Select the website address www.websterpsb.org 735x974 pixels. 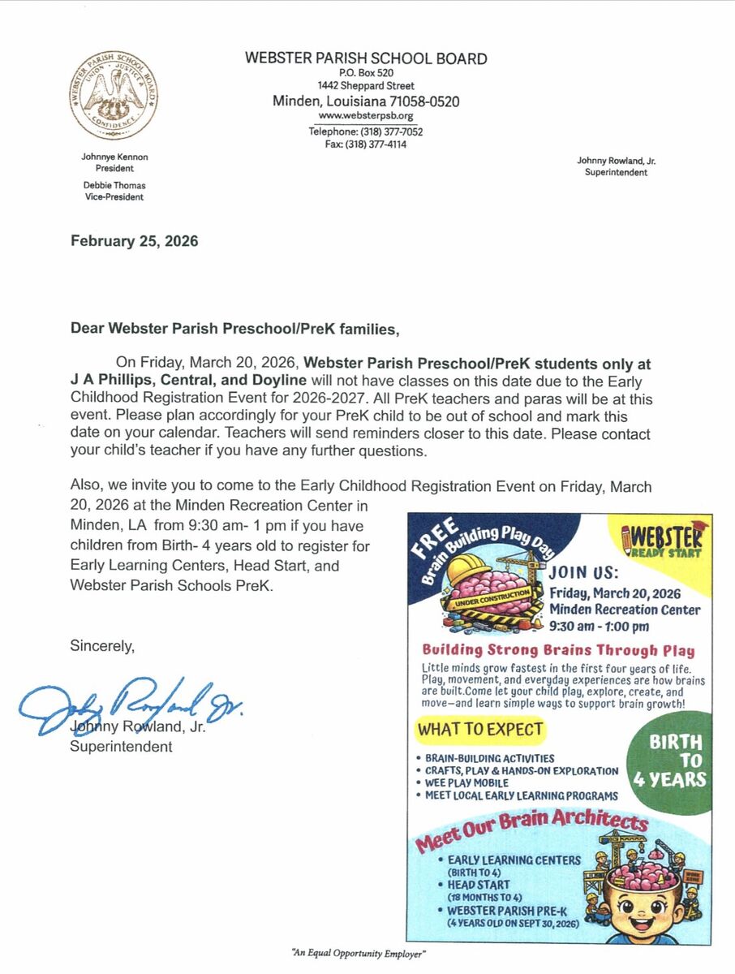pyautogui.click(x=366, y=116)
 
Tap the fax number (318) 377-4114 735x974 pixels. pyautogui.click(x=366, y=144)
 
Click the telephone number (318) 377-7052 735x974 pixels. pyautogui.click(x=366, y=131)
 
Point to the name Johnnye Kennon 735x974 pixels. pyautogui.click(x=115, y=157)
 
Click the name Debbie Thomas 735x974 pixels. pyautogui.click(x=114, y=185)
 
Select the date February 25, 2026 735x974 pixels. pyautogui.click(x=135, y=241)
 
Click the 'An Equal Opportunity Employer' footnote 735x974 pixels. pyautogui.click(x=359, y=954)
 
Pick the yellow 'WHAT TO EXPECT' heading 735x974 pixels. pyautogui.click(x=480, y=730)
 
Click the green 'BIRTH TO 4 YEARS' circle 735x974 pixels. pyautogui.click(x=669, y=761)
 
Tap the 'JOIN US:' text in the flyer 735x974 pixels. pyautogui.click(x=584, y=571)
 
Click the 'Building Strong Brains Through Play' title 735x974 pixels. pyautogui.click(x=558, y=650)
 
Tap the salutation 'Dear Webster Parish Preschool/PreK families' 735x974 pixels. pyautogui.click(x=235, y=329)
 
